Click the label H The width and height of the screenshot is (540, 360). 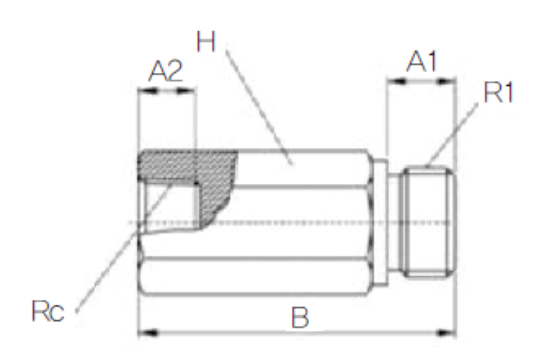point(206,42)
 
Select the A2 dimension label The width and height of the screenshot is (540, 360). point(165,71)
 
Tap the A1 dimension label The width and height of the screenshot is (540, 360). point(422,61)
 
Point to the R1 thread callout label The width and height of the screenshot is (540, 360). point(498,92)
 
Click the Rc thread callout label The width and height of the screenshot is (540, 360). point(48,311)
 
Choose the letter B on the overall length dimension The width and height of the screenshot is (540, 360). point(300,318)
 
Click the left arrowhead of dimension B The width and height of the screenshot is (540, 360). point(148,333)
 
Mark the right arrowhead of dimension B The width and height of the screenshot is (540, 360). point(446,333)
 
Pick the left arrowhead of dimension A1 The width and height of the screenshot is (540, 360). point(396,82)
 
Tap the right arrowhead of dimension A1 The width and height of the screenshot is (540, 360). point(447,82)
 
